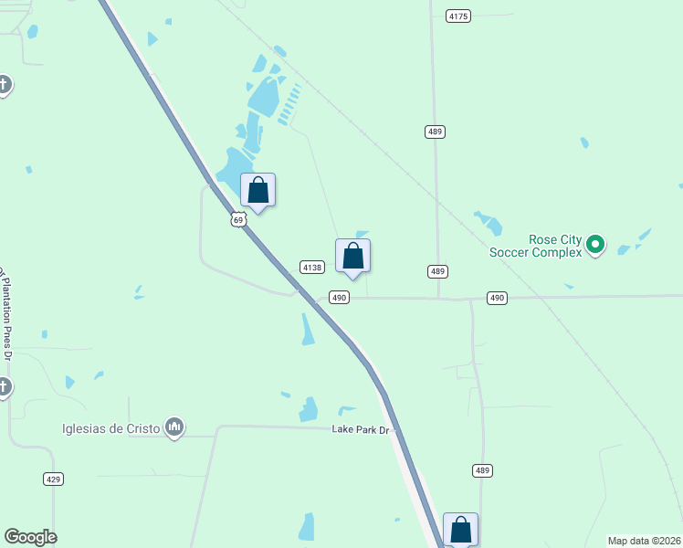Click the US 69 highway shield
[x=238, y=220]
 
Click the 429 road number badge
[x=53, y=479]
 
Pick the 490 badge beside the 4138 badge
[x=339, y=298]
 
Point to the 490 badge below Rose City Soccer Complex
[x=497, y=298]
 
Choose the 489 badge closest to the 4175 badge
[x=436, y=132]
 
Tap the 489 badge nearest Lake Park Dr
[x=483, y=470]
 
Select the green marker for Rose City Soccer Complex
[x=595, y=244]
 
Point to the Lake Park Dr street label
[x=360, y=428]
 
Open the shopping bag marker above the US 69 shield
[x=258, y=191]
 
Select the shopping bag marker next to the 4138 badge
[x=353, y=257]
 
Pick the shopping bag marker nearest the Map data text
[x=461, y=530]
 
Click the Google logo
[x=30, y=537]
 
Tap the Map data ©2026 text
[x=644, y=541]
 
